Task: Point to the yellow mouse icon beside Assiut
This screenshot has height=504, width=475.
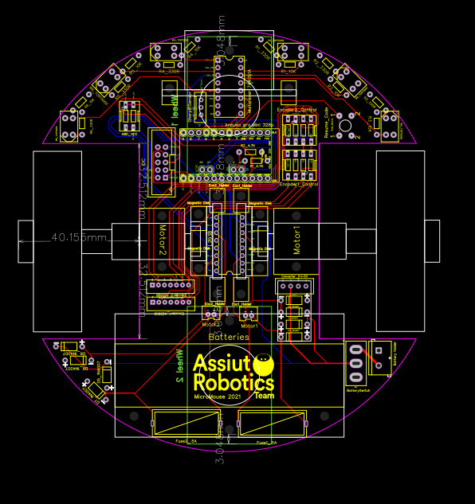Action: (263, 365)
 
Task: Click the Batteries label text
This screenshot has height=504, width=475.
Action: (229, 337)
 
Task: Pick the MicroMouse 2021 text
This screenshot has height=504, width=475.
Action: (218, 395)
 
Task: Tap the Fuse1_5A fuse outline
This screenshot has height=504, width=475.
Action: (272, 423)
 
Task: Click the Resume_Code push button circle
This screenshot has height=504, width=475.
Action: (345, 123)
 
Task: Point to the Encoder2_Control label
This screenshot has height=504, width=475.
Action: (296, 109)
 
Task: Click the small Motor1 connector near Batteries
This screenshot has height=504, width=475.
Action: (249, 317)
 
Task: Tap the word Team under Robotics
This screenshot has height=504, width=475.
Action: (265, 395)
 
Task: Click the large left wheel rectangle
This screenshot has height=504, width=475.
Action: (57, 240)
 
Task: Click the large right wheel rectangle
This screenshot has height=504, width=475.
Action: (399, 240)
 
